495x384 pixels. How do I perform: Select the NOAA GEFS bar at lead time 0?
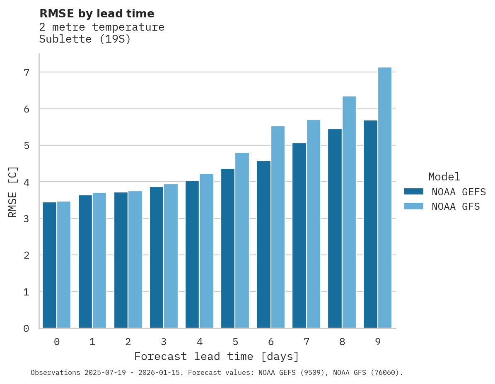coord(50,265)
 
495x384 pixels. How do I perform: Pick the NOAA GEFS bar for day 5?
coord(228,248)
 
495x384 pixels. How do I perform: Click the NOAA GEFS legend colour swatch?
coord(413,192)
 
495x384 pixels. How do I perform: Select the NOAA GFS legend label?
coord(456,206)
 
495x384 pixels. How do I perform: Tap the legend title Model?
coord(444,177)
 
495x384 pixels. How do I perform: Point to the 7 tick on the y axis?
coord(26,72)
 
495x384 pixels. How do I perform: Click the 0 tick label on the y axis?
coord(26,329)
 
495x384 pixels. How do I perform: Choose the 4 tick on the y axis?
coord(26,182)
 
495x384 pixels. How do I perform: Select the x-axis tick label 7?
coord(307,342)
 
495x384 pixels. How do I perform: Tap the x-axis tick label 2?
coord(128,342)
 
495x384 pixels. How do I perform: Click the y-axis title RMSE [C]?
coord(13,192)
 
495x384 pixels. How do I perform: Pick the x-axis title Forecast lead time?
coord(216,356)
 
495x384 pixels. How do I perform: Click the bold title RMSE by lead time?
coord(97,14)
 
